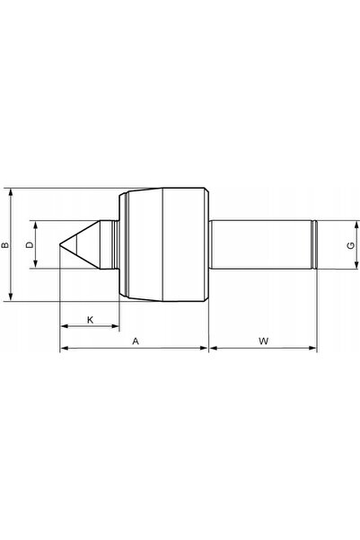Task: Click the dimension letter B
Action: coord(5,245)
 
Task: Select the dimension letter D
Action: coord(31,245)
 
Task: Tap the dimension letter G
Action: coord(351,245)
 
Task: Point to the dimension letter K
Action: coord(90,320)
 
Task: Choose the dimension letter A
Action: coord(136,341)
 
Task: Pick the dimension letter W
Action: coord(264,341)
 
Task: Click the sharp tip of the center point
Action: coord(60,244)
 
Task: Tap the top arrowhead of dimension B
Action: coord(11,192)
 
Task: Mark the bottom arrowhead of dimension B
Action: coord(11,297)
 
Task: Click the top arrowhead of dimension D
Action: coord(35,225)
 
